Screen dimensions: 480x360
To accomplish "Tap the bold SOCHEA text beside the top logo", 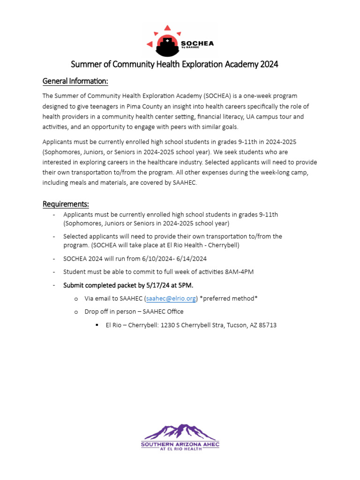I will [197, 43].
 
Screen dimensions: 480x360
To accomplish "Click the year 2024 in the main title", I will [269, 64].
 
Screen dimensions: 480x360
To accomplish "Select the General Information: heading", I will [75, 82].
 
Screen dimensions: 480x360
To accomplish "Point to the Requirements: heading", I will [66, 204].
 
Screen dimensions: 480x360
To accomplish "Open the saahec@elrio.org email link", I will [171, 299].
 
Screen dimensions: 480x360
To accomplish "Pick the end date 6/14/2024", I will [192, 259].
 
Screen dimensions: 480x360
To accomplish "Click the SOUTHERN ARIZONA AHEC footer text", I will [180, 443].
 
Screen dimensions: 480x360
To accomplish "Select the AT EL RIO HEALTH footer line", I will [180, 449].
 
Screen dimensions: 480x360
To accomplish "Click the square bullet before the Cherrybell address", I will [97, 325].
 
